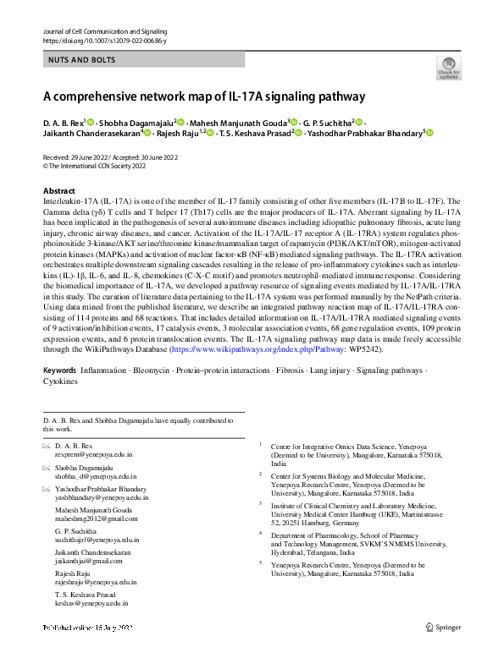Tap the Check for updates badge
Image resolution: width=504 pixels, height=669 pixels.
pos(448,68)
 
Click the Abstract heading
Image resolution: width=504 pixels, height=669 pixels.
pos(58,191)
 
